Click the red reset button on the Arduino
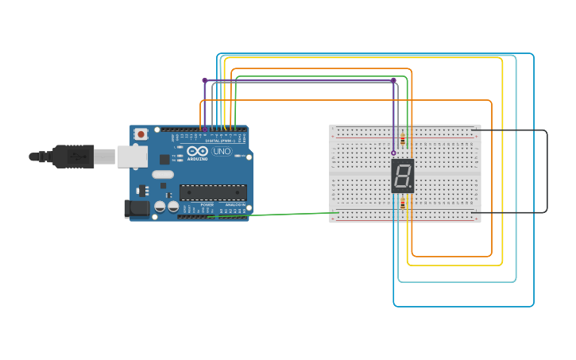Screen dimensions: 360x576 pyautogui.click(x=141, y=134)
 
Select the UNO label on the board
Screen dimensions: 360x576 pyautogui.click(x=222, y=151)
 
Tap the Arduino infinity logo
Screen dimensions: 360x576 pyautogui.click(x=198, y=151)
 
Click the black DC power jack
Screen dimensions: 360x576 pyautogui.click(x=136, y=209)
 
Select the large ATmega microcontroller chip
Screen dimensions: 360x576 pyautogui.click(x=212, y=192)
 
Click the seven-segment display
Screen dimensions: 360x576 pyautogui.click(x=403, y=176)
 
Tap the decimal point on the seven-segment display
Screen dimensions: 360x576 pyautogui.click(x=411, y=188)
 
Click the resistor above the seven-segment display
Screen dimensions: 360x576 pyautogui.click(x=402, y=141)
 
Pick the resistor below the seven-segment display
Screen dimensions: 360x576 pyautogui.click(x=402, y=203)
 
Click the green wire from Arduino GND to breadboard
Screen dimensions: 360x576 pyautogui.click(x=278, y=215)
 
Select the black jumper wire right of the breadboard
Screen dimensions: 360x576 pyautogui.click(x=547, y=171)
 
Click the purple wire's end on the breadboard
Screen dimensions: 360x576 pyautogui.click(x=393, y=153)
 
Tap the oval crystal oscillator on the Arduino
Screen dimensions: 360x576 pyautogui.click(x=162, y=174)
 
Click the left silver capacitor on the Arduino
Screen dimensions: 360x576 pyautogui.click(x=160, y=206)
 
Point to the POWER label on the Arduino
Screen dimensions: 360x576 pyautogui.click(x=207, y=204)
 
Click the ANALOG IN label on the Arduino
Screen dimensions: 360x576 pyautogui.click(x=235, y=204)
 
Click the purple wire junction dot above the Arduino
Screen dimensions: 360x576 pyautogui.click(x=204, y=80)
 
